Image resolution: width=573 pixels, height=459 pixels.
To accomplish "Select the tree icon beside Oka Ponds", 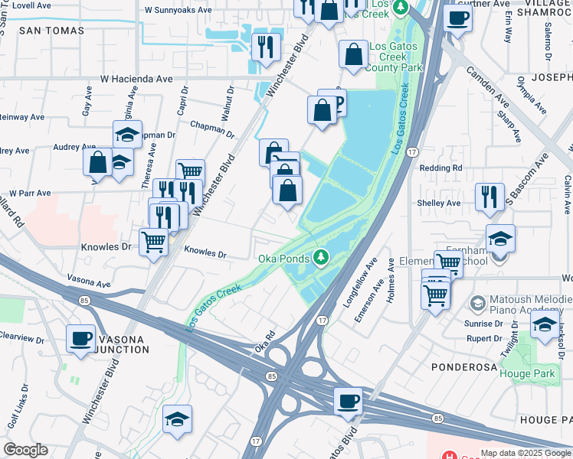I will point(323,256).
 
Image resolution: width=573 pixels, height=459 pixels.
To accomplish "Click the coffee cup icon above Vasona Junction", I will point(80,337).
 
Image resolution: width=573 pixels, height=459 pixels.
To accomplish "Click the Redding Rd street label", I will point(440,168).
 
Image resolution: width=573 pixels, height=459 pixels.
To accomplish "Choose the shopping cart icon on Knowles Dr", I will point(154,242).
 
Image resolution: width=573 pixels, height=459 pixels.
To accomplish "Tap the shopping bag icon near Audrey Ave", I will point(97,162).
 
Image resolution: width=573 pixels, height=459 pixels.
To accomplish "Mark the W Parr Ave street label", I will point(29,194).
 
